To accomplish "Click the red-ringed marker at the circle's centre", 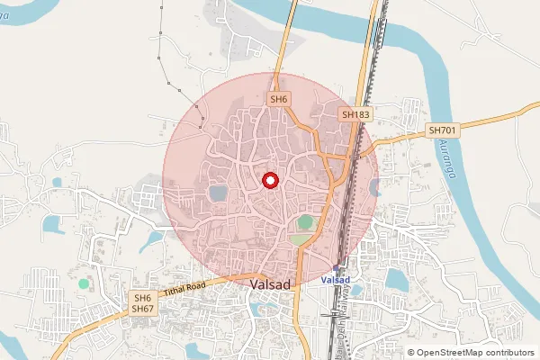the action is (269, 180).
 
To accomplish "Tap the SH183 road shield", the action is (356, 115).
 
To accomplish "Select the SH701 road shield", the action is (442, 130).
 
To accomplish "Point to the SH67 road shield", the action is (142, 310).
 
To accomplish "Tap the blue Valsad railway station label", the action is (335, 280).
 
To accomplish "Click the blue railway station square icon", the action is (337, 267).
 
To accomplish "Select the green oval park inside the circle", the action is (306, 221).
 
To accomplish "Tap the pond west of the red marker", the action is (218, 193).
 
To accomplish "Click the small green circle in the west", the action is (84, 283).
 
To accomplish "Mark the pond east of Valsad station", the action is (394, 281).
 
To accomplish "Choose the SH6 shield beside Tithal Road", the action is (142, 298).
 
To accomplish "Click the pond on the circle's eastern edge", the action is (373, 187).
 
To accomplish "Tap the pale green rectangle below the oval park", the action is (301, 239).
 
